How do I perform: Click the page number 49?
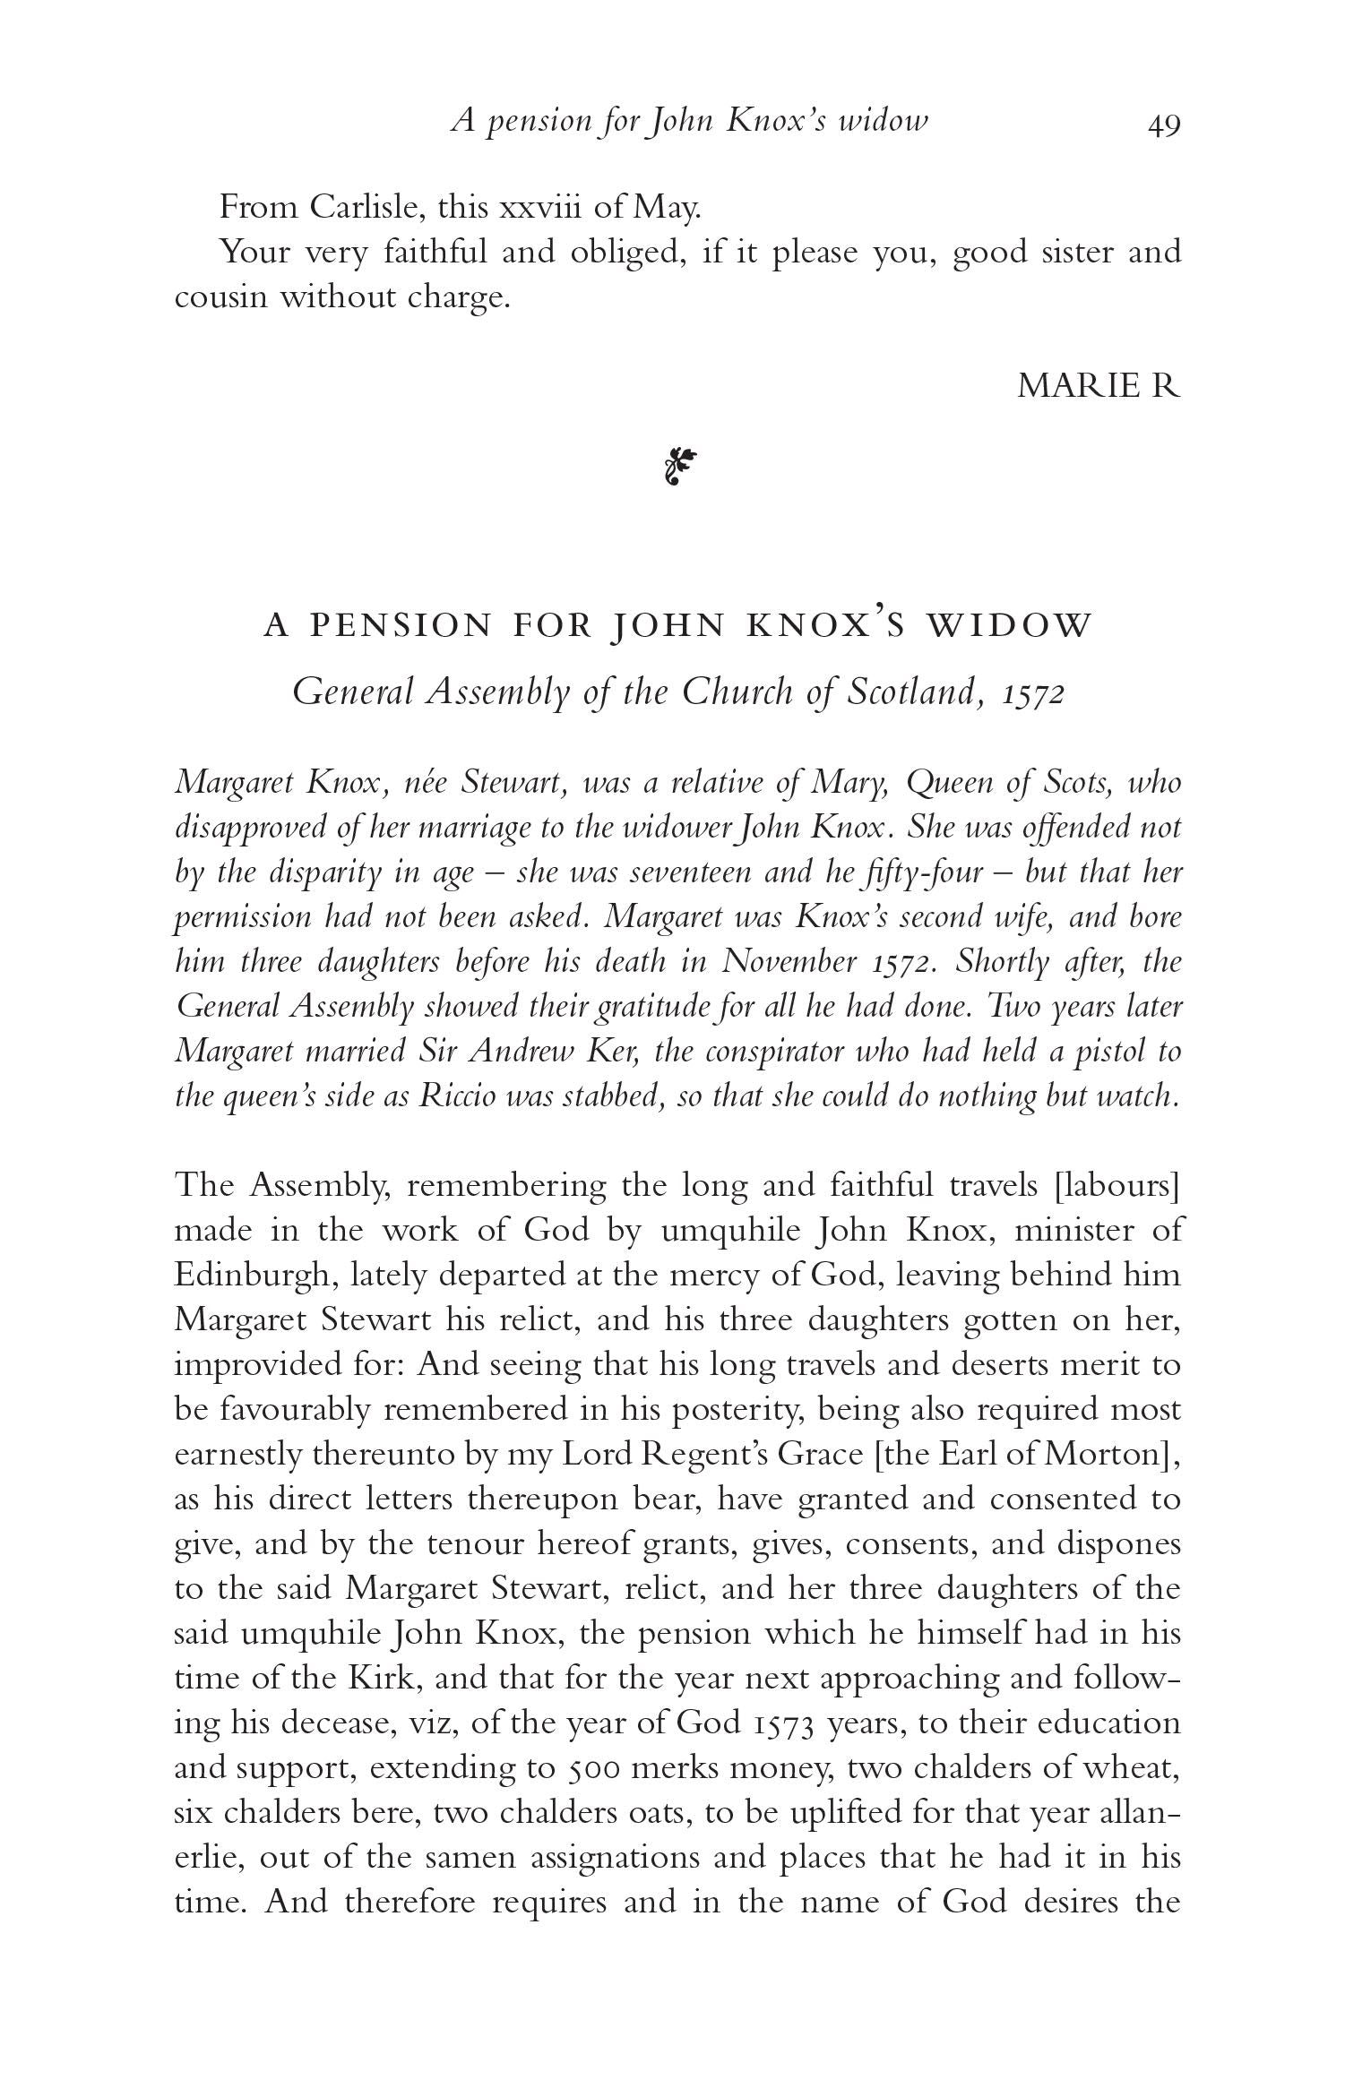[1164, 124]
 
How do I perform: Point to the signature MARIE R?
[1099, 385]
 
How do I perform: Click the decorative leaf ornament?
[680, 467]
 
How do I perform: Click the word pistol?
[1106, 1051]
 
